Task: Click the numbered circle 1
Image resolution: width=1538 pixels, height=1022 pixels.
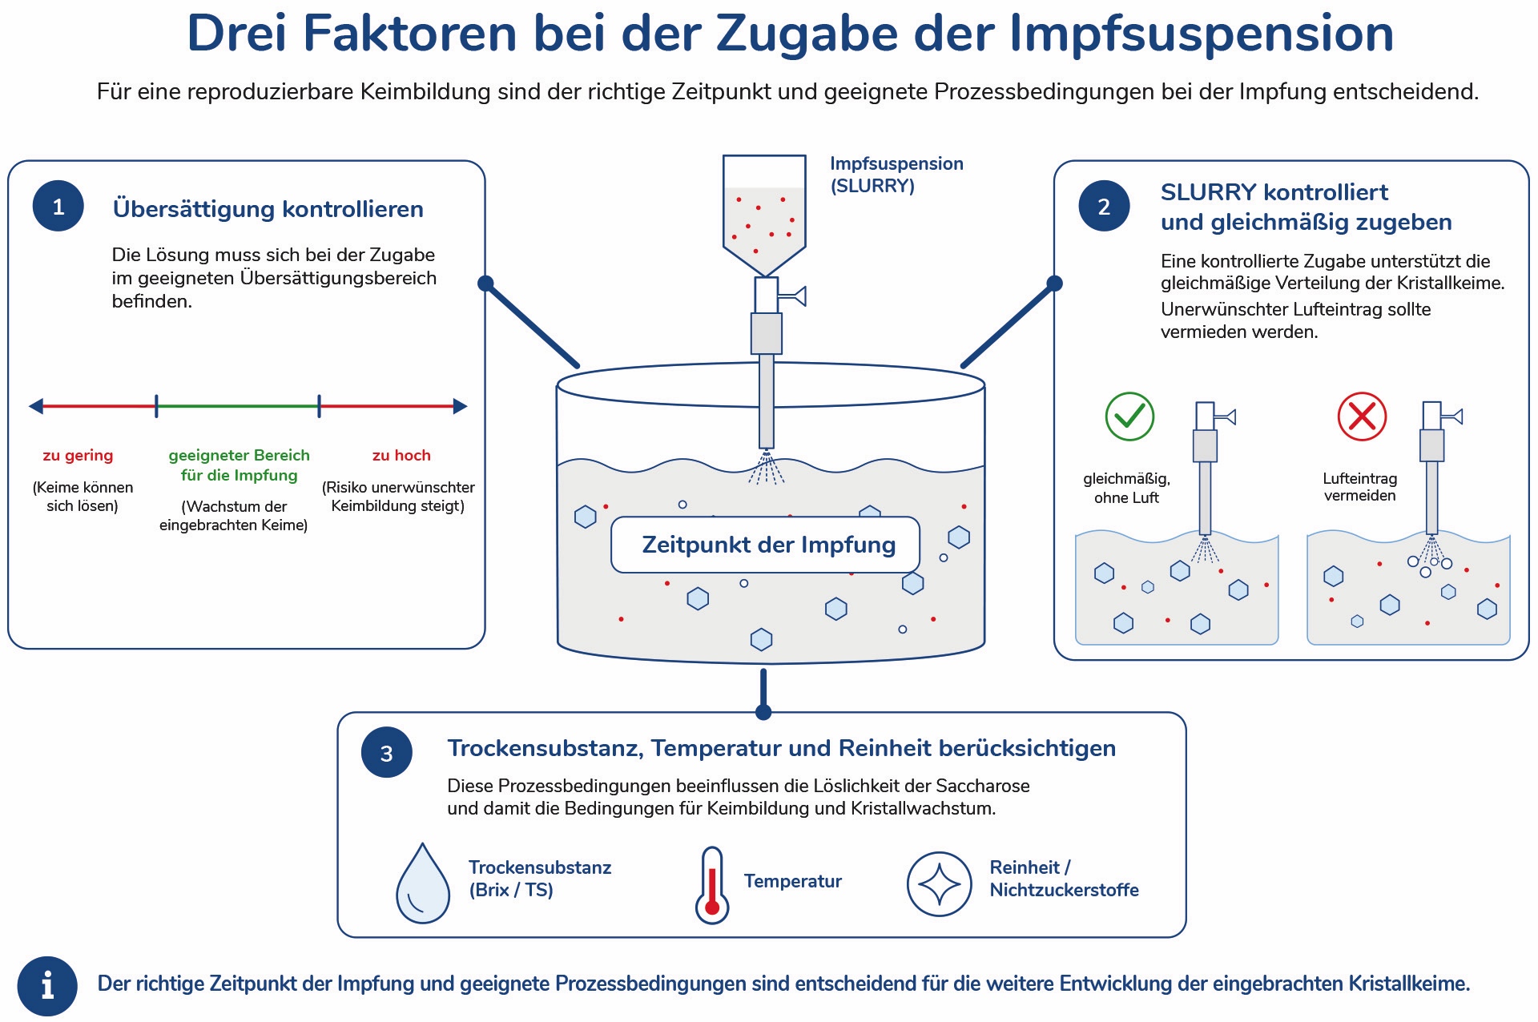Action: tap(58, 207)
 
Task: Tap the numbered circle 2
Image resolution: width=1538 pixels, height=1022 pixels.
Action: tap(1104, 206)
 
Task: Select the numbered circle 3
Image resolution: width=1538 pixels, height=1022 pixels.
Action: tap(386, 752)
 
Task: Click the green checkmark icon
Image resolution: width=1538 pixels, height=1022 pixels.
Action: tap(1129, 416)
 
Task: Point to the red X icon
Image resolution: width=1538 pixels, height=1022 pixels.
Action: tap(1362, 416)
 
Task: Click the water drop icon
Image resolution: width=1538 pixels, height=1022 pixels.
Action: tap(423, 883)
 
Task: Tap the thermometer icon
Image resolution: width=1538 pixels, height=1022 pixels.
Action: tap(711, 884)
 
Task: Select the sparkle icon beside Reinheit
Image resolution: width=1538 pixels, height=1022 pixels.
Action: tap(939, 884)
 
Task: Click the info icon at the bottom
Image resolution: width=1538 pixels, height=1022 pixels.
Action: tap(47, 986)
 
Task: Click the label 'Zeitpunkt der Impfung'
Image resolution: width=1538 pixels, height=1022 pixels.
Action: tap(768, 545)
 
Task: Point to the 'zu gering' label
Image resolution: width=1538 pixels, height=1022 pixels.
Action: tap(78, 455)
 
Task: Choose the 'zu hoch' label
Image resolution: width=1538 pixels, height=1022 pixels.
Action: tap(401, 455)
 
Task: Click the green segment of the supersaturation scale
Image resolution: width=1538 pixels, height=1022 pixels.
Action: tap(238, 406)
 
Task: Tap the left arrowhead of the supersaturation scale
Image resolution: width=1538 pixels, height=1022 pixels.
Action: tap(36, 406)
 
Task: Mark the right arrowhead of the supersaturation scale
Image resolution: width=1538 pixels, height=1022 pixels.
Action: tap(460, 406)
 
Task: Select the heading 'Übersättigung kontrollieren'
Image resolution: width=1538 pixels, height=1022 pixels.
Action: tap(268, 209)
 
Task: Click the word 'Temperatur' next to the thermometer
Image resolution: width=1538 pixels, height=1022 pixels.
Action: tap(793, 881)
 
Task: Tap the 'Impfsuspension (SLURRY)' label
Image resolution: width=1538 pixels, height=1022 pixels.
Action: tap(896, 175)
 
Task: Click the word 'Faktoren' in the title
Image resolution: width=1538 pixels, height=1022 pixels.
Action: tap(410, 34)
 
